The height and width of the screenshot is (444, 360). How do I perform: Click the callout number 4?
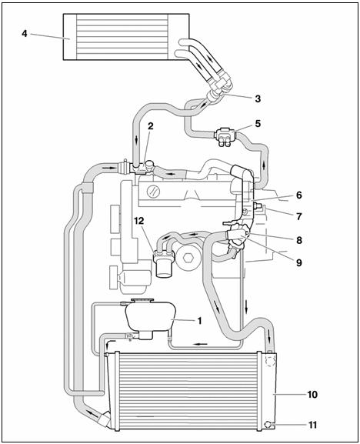coord(25,33)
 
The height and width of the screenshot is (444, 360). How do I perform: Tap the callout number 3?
coord(258,98)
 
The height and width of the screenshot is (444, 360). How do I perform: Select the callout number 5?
coord(258,123)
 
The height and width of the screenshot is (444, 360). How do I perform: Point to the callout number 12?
coord(139,221)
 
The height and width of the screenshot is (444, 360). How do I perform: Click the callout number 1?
coord(199,321)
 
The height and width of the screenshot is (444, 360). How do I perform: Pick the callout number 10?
coord(312,394)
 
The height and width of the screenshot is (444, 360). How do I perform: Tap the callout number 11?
coord(312,425)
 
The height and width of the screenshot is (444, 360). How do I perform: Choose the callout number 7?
coord(299,216)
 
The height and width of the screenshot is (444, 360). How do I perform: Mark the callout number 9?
coord(299,262)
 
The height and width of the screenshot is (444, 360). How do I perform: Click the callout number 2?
coord(150,126)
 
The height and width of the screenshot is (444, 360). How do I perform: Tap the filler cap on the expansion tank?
coord(142,300)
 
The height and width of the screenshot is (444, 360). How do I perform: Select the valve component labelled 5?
coord(225,136)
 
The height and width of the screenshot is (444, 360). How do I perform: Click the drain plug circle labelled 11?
coord(268,424)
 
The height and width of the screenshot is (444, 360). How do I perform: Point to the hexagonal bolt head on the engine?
coord(188,259)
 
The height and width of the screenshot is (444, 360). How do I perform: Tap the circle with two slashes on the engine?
coord(153,192)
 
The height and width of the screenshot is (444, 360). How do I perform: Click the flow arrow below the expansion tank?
coord(200,344)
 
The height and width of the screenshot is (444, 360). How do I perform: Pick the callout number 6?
coord(299,195)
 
